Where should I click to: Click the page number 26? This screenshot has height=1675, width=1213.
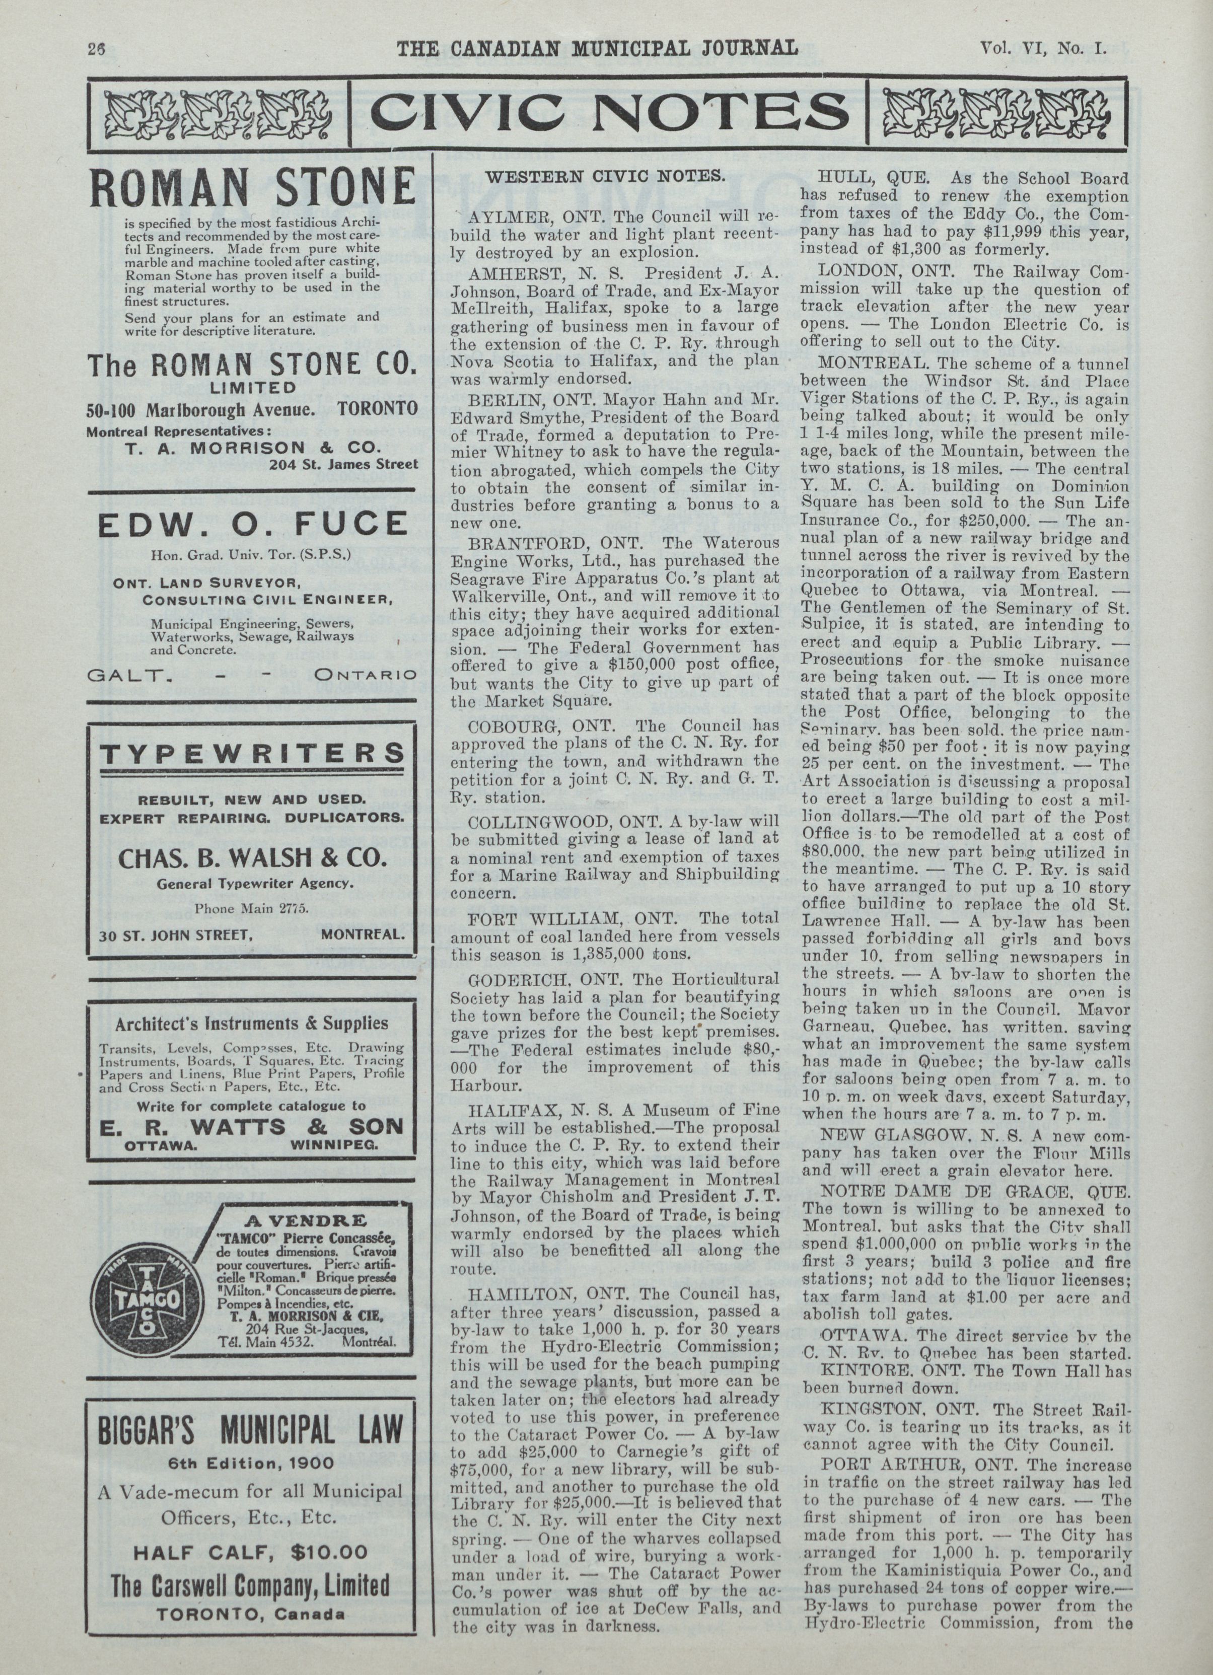[97, 49]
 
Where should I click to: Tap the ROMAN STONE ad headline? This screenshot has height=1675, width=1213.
[251, 188]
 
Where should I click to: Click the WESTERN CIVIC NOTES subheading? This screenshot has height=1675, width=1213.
[606, 177]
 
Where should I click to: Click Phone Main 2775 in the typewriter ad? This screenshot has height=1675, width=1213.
[251, 908]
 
